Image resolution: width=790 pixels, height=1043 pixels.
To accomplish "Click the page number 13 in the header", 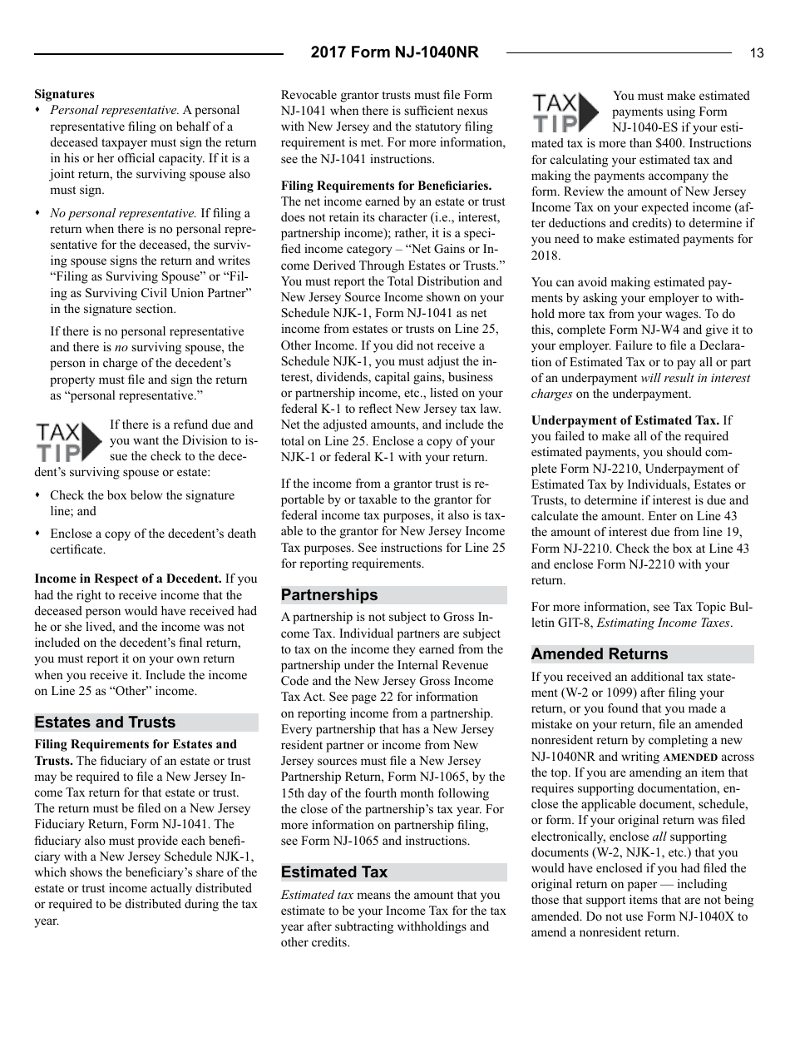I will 756,53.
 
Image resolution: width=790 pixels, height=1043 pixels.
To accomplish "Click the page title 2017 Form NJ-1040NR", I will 394,52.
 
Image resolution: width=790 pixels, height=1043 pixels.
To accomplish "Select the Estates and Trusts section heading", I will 105,723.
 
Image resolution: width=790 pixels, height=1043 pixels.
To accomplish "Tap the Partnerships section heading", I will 329,595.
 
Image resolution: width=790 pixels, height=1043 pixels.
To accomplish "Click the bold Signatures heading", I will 64,94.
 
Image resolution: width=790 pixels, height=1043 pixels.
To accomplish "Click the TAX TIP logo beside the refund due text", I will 69,441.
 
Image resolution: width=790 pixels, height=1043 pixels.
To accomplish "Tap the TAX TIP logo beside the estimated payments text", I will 565,112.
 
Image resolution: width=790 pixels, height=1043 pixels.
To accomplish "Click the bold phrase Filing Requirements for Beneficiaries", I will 386,186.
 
